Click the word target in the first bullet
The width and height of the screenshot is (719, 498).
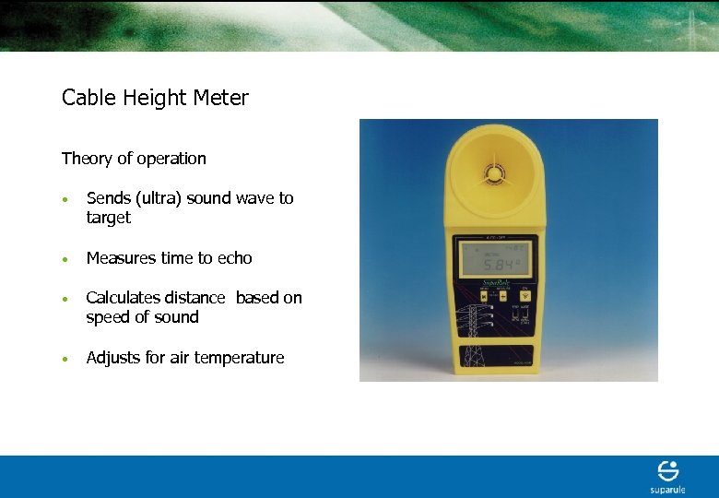pyautogui.click(x=109, y=219)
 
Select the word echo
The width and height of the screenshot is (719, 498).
pyautogui.click(x=234, y=258)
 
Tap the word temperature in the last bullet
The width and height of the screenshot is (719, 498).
pyautogui.click(x=239, y=358)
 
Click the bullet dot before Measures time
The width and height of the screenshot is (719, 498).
pyautogui.click(x=66, y=259)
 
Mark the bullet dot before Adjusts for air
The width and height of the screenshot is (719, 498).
pyautogui.click(x=66, y=359)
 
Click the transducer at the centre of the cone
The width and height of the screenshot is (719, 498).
pyautogui.click(x=495, y=173)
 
